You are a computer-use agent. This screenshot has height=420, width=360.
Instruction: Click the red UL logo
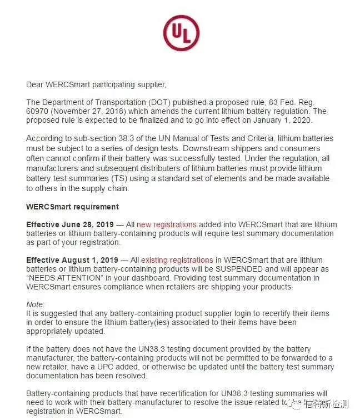click(x=181, y=33)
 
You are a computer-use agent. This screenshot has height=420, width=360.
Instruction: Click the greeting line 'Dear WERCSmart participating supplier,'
click(x=96, y=85)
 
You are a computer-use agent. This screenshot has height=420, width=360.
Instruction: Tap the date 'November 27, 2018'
click(x=83, y=111)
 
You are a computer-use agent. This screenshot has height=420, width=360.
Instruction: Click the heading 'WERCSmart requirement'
click(x=72, y=207)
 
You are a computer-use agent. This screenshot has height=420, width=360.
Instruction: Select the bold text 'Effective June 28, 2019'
click(x=71, y=224)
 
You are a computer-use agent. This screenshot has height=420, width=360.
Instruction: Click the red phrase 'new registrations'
click(x=167, y=224)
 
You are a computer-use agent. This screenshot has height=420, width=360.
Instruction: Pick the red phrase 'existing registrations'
click(x=177, y=260)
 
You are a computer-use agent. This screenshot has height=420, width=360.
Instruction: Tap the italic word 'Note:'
click(x=36, y=304)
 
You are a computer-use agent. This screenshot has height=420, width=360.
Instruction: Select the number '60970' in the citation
click(x=38, y=111)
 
